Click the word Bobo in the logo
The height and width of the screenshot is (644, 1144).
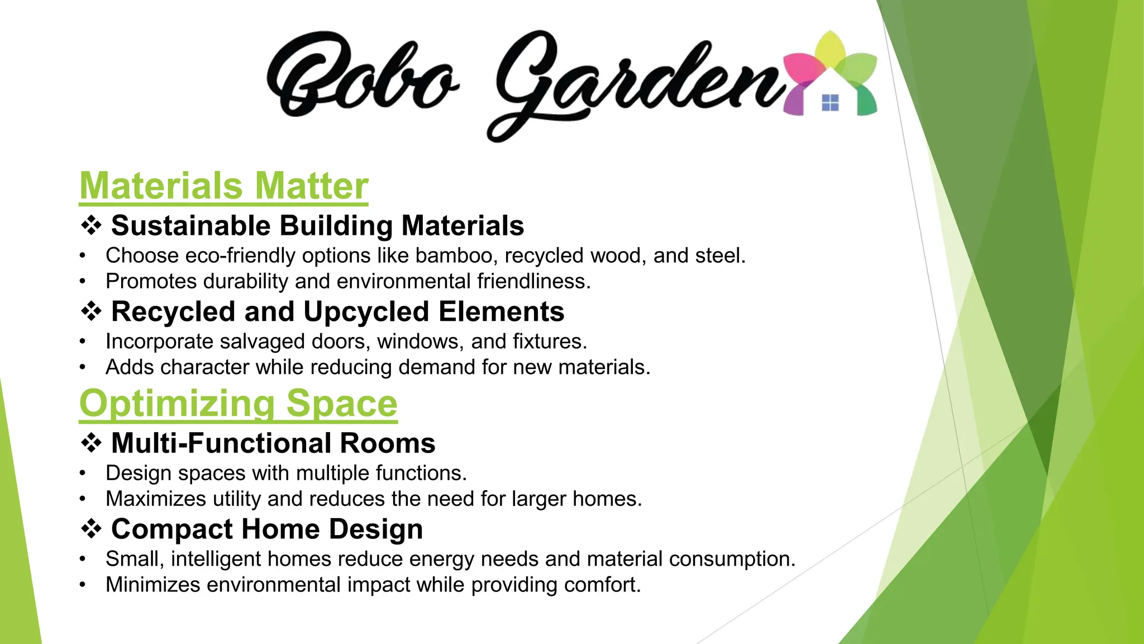(x=362, y=75)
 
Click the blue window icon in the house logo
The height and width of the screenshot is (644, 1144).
(x=830, y=103)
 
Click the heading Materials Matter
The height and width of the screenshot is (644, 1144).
(x=224, y=186)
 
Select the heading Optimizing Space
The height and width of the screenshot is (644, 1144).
(x=238, y=403)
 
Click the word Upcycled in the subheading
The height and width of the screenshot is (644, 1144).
(x=366, y=311)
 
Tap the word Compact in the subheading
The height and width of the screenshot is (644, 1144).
(x=171, y=529)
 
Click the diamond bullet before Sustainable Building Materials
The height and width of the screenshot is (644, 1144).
(x=91, y=225)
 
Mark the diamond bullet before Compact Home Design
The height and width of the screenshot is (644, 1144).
(x=91, y=529)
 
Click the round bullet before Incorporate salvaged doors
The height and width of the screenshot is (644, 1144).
(x=83, y=342)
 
